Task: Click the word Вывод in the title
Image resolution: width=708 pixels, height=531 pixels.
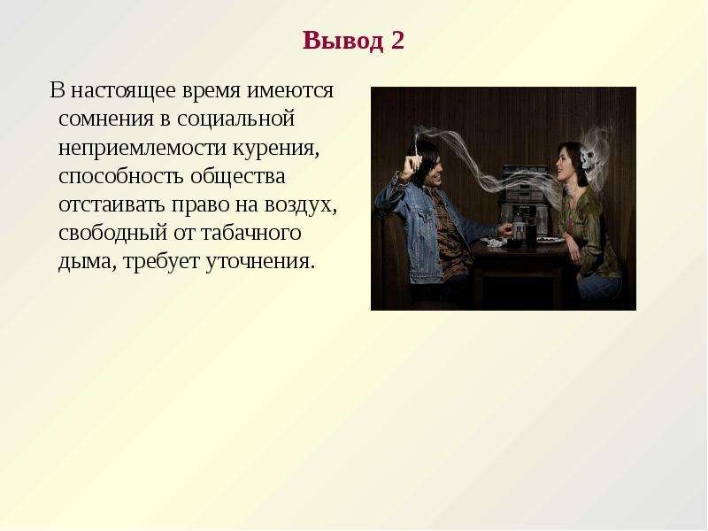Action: tap(343, 40)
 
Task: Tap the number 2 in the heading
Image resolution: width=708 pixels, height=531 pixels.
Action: tap(397, 40)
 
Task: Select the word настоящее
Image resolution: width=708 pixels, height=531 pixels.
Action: tap(123, 91)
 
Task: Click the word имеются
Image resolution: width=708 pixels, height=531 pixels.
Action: tap(290, 91)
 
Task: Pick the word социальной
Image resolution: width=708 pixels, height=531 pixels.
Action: tap(235, 119)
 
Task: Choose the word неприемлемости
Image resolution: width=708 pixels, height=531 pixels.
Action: tap(142, 148)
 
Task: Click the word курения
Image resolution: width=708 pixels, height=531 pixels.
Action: tap(276, 149)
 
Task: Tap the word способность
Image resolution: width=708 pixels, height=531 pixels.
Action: tap(121, 176)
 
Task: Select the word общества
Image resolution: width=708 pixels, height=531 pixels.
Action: tap(238, 176)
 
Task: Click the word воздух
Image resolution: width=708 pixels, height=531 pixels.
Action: tap(300, 205)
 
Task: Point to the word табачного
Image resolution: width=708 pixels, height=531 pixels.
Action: tap(250, 233)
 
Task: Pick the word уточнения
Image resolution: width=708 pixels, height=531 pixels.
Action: tap(259, 262)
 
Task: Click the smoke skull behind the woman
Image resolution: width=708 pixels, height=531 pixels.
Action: tap(589, 158)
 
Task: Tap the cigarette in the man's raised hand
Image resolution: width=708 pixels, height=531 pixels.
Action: tap(415, 143)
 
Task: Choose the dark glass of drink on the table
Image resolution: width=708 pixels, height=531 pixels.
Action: tap(530, 235)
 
